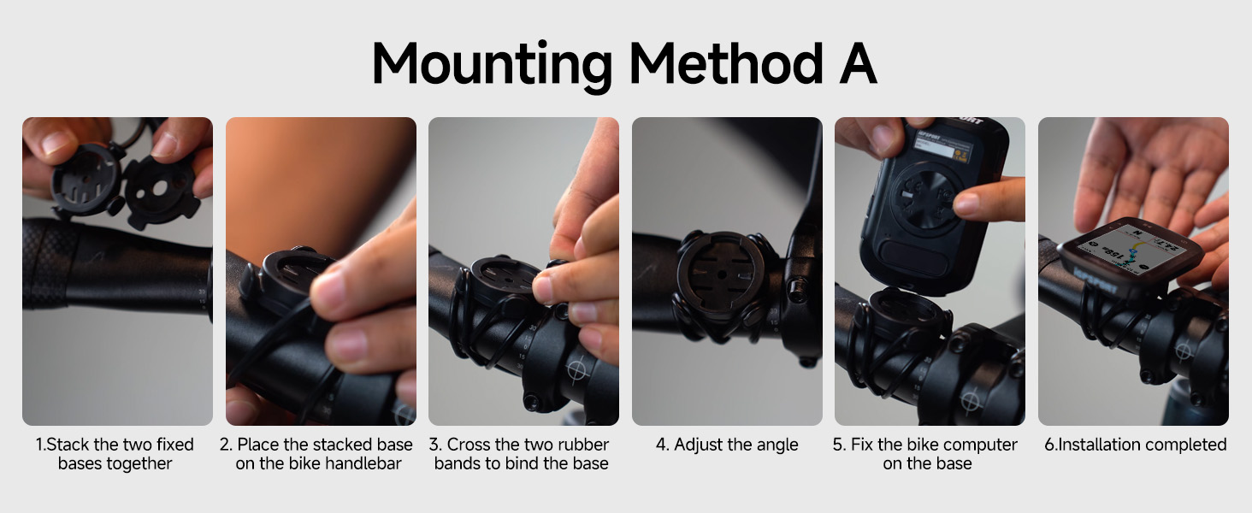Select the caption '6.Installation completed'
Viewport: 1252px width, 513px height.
(x=1133, y=445)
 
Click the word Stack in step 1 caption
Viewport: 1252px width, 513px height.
(x=70, y=445)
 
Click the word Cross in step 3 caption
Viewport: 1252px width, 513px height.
(x=470, y=445)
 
